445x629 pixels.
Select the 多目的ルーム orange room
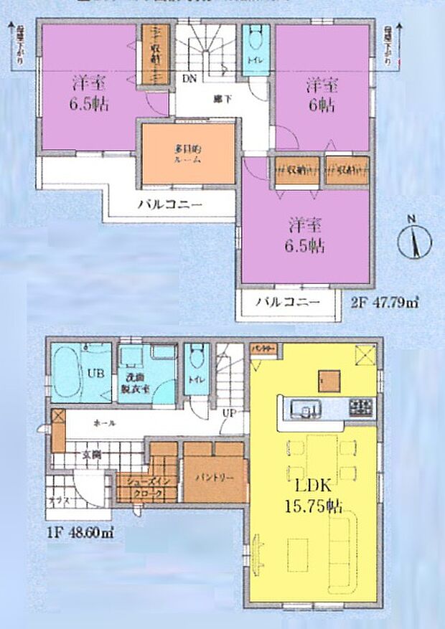(x=187, y=154)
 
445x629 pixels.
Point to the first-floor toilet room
(x=195, y=369)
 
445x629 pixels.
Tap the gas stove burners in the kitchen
(x=360, y=407)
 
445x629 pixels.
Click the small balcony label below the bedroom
(x=287, y=303)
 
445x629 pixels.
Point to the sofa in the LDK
(x=342, y=545)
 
